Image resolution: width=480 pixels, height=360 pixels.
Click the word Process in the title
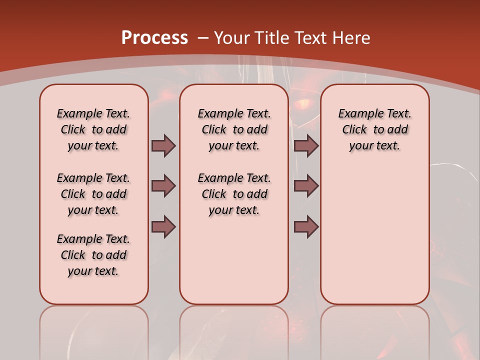pyautogui.click(x=154, y=38)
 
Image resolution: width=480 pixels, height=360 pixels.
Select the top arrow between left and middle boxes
pyautogui.click(x=163, y=145)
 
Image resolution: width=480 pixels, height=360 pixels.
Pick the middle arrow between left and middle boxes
pyautogui.click(x=163, y=186)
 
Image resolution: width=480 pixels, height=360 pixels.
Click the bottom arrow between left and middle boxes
pyautogui.click(x=163, y=226)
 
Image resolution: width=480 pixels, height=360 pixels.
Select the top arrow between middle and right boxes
pyautogui.click(x=306, y=145)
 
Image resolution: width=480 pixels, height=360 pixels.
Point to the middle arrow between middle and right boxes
pyautogui.click(x=306, y=186)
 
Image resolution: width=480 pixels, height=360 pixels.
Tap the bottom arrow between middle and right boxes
pyautogui.click(x=306, y=226)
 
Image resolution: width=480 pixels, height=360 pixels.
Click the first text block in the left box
pyautogui.click(x=93, y=129)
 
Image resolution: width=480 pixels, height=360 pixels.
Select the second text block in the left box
pyautogui.click(x=93, y=194)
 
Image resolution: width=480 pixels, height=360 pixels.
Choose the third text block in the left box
pyautogui.click(x=93, y=255)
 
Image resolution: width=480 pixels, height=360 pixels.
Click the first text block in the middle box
pyautogui.click(x=234, y=129)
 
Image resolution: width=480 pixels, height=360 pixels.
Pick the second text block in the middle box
pyautogui.click(x=234, y=194)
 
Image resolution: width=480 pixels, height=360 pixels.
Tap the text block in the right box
pyautogui.click(x=375, y=129)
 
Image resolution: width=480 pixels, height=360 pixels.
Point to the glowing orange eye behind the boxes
pyautogui.click(x=303, y=104)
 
